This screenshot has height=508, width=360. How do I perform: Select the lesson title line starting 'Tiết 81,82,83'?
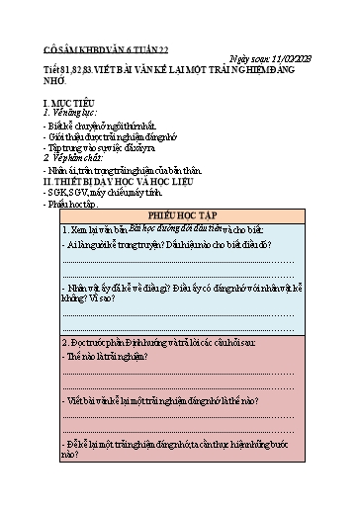coord(168,71)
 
